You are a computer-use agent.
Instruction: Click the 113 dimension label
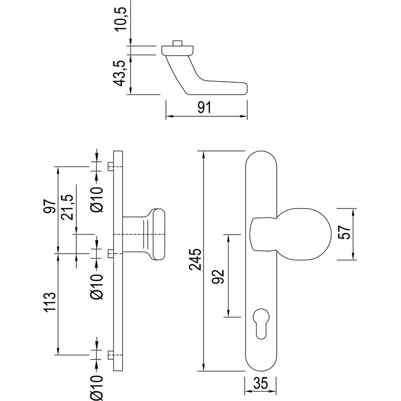click(x=49, y=303)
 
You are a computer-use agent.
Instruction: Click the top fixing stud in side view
click(x=110, y=166)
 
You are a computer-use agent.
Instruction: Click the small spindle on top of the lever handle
click(x=177, y=43)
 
